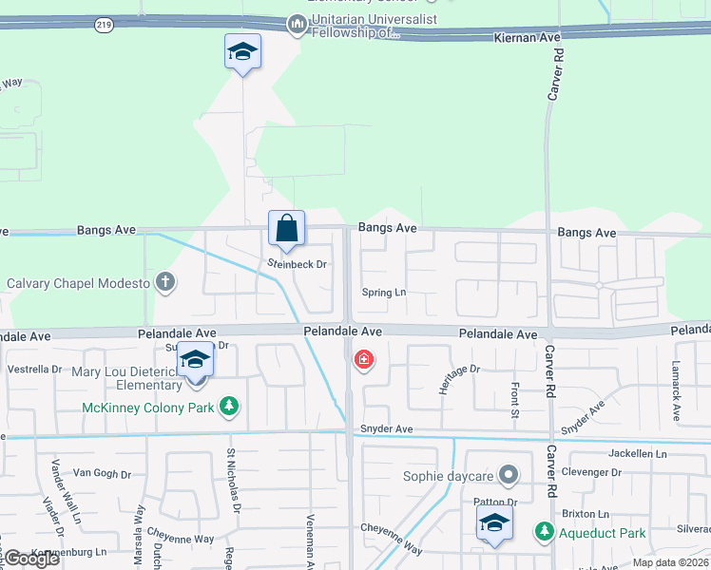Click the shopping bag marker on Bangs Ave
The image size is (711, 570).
tap(286, 229)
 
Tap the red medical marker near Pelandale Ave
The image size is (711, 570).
tap(363, 360)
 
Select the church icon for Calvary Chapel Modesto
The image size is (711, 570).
tap(165, 282)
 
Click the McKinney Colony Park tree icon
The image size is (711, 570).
tap(228, 408)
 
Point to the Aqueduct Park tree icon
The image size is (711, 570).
tap(544, 533)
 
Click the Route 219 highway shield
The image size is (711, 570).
tap(104, 26)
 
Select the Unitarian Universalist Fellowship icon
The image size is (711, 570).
tap(297, 23)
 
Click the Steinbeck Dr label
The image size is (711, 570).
tap(297, 264)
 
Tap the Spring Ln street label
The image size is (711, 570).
tap(384, 293)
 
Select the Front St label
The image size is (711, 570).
tap(514, 400)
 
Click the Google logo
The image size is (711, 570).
tap(31, 559)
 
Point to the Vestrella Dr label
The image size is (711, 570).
tap(34, 369)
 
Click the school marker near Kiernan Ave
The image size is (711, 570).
tap(242, 51)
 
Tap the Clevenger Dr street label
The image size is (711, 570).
tap(589, 472)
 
